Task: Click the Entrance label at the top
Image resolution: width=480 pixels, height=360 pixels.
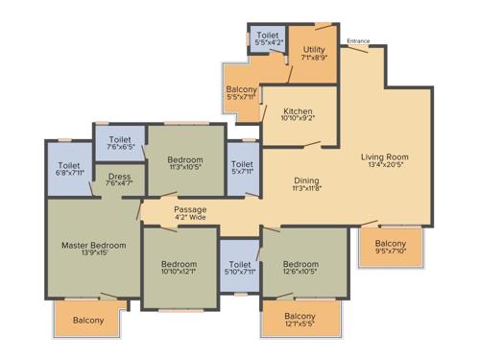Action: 358,41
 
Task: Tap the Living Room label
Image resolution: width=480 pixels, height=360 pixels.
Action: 385,156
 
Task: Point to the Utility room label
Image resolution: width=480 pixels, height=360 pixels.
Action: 315,48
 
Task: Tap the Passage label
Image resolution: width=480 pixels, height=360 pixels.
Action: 190,208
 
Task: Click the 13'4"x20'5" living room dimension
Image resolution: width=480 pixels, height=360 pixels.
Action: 385,166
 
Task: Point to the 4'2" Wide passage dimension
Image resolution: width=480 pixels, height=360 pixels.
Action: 190,218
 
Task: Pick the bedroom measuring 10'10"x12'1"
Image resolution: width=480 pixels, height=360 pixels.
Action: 179,269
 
